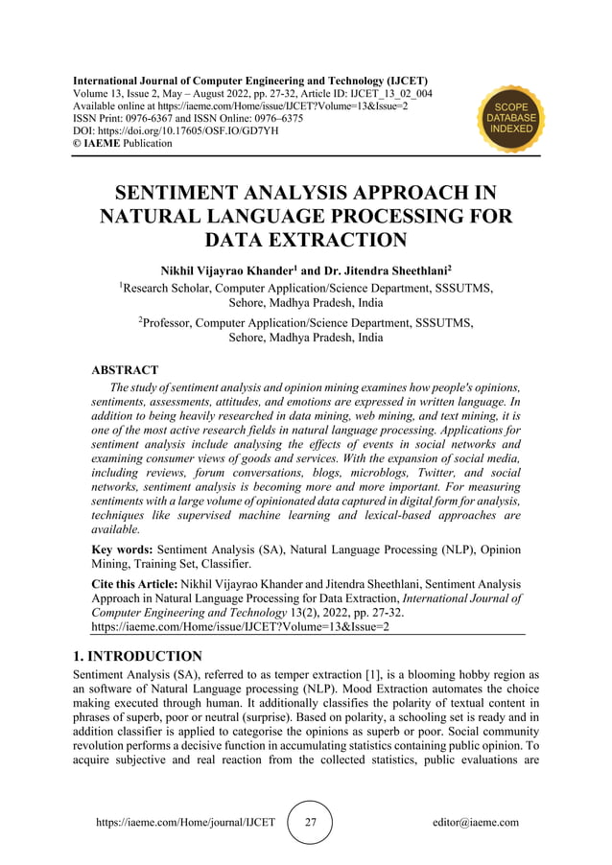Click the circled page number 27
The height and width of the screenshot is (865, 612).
click(x=310, y=822)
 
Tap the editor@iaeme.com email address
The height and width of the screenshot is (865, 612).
click(x=476, y=822)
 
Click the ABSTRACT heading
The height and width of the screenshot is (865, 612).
click(x=125, y=369)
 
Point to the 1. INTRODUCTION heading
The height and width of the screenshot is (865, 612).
click(x=137, y=656)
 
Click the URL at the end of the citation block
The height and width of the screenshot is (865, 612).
click(x=239, y=627)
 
